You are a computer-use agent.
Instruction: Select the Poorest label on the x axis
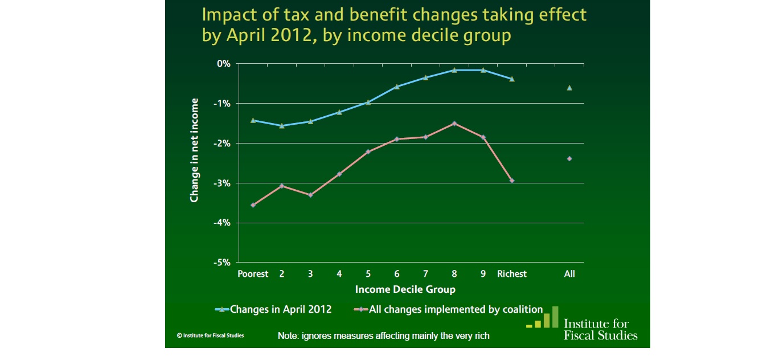click(253, 274)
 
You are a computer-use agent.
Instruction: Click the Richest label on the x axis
click(512, 274)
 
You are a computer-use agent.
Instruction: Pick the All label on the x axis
click(569, 274)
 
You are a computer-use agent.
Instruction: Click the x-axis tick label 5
click(368, 274)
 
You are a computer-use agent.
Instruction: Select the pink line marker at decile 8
click(454, 123)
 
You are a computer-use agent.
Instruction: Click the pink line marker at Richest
click(512, 181)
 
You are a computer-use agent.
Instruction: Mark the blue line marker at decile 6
click(397, 87)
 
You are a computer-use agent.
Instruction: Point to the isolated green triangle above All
click(569, 88)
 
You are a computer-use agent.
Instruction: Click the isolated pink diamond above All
click(569, 158)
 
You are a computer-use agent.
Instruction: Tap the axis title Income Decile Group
click(405, 289)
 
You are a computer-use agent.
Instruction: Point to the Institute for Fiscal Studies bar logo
click(542, 317)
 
